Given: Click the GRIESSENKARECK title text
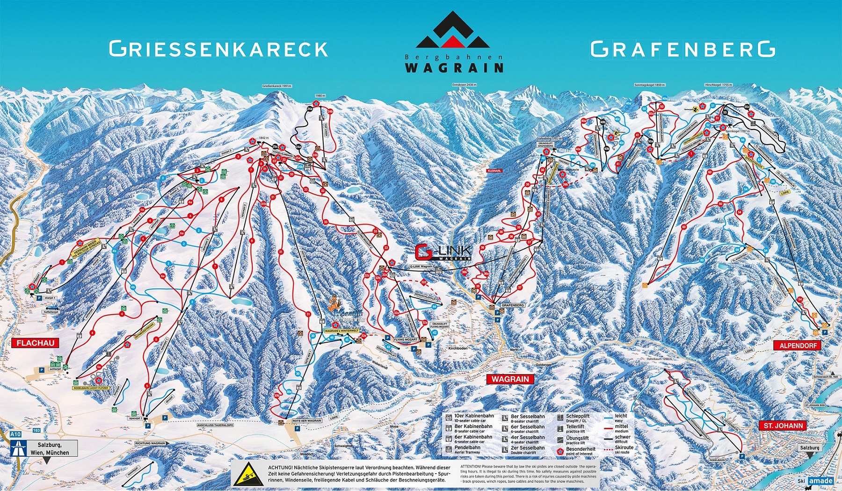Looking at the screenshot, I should point(218,49).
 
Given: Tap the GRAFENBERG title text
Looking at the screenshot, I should point(682,49).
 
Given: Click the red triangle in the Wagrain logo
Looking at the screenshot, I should point(453,41).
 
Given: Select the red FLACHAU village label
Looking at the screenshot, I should point(36,343).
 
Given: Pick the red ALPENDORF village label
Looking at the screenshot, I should point(798,345).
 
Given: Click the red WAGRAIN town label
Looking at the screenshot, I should point(510,379).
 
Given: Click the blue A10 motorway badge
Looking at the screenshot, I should point(15,434).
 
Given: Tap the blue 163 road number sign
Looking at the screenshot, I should point(37,430).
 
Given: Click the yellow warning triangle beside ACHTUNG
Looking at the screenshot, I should point(248,474).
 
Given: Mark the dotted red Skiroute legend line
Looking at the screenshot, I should point(608,450).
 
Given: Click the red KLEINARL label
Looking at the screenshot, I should point(494,171).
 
